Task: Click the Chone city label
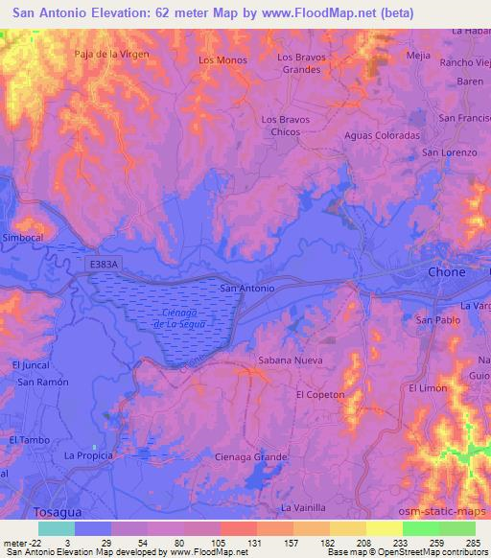coord(446,272)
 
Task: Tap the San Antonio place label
coord(247,288)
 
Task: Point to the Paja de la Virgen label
coord(112,55)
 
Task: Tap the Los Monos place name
coord(222,60)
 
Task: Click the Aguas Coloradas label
coord(382,135)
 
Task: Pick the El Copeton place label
coord(320,394)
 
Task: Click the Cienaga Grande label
coord(251,457)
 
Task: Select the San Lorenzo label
coord(450,152)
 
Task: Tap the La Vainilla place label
coord(304,506)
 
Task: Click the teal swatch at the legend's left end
coord(56,528)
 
